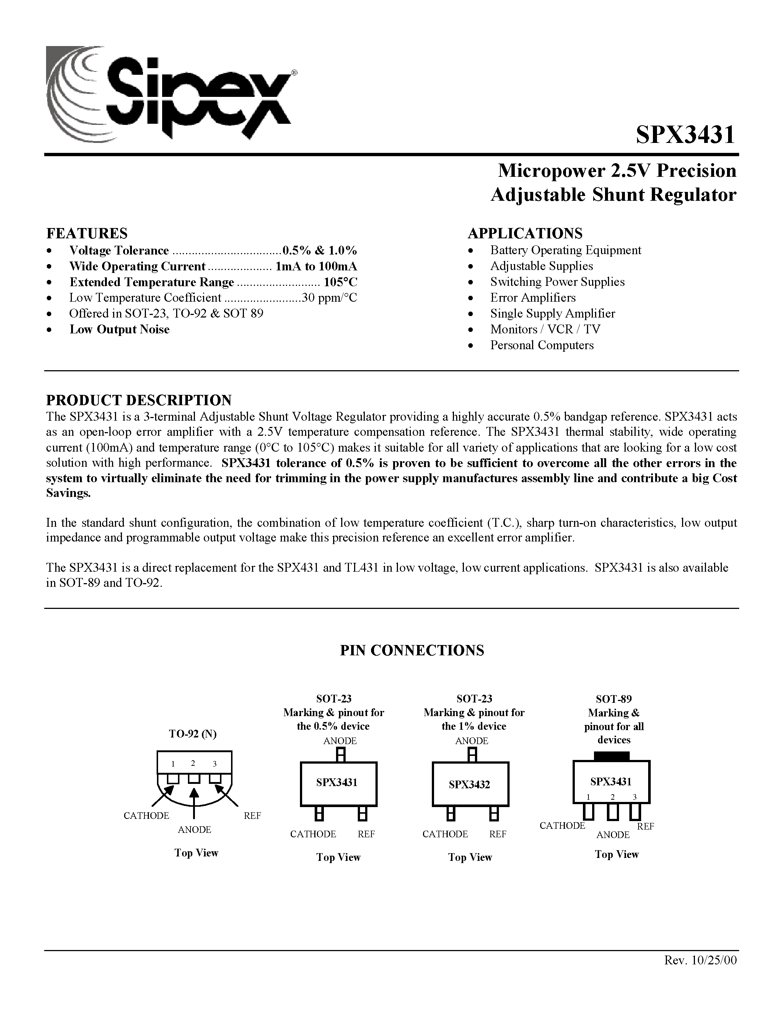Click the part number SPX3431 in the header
(x=685, y=136)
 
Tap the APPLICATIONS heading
(x=525, y=233)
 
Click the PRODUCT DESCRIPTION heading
(x=139, y=400)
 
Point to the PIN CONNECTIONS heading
(x=412, y=650)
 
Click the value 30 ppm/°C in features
(x=330, y=298)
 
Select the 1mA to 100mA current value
(x=317, y=266)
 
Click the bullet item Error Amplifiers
(x=533, y=298)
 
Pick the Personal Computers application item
(x=542, y=345)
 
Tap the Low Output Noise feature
(x=119, y=329)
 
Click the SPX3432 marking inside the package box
(x=469, y=785)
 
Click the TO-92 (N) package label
(x=192, y=734)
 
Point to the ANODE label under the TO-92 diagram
(x=194, y=829)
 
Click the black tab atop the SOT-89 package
(x=612, y=756)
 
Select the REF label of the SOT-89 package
(x=645, y=826)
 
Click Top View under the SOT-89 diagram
(x=616, y=854)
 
